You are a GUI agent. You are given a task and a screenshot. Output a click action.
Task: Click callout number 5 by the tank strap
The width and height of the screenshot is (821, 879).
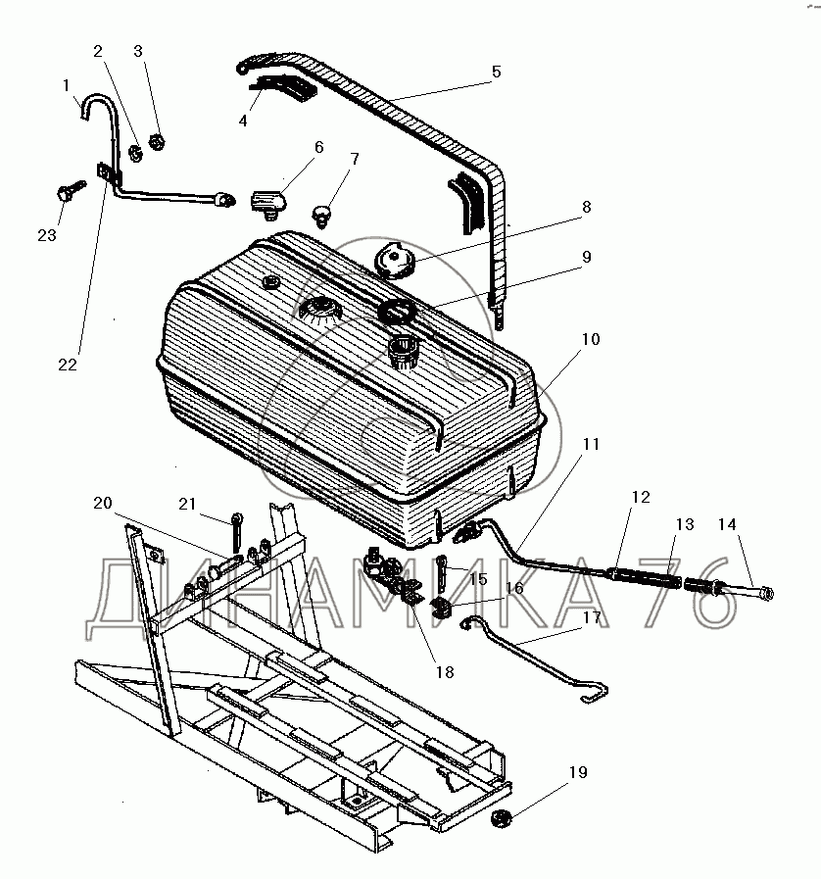point(496,72)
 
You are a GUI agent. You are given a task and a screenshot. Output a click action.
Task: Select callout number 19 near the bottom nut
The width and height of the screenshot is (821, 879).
point(578,773)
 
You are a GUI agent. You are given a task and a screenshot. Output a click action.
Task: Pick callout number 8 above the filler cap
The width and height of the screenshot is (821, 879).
point(586,208)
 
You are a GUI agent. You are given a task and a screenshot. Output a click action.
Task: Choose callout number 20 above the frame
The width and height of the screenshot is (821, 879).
point(103,504)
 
